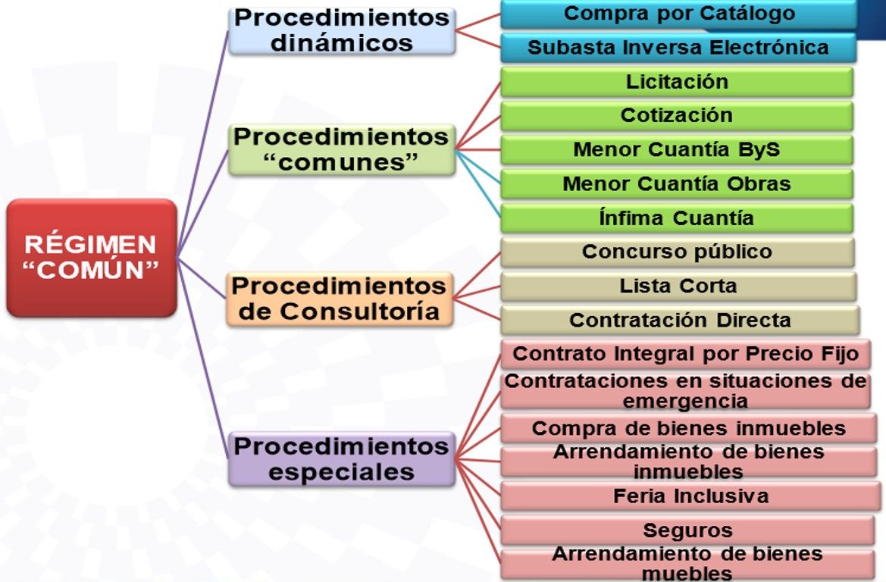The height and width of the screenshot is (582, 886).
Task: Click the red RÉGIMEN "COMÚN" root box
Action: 91,258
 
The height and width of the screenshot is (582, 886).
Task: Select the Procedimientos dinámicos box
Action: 342,30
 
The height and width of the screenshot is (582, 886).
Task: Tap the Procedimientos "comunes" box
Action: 342,150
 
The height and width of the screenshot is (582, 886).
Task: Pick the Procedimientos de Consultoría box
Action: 339,299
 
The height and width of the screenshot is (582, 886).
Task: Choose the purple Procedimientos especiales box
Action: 342,459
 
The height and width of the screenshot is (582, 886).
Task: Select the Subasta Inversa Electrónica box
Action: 678,48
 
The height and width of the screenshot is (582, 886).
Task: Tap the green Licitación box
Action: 676,82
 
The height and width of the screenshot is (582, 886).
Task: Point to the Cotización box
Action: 676,116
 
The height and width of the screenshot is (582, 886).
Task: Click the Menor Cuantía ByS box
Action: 676,150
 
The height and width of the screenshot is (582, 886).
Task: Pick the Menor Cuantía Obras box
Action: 676,184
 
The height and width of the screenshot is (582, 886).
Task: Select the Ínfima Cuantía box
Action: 676,218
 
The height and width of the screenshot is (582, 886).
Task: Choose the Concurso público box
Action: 677,252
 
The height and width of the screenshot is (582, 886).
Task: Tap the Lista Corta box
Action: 678,286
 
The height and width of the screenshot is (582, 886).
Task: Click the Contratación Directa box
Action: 679,320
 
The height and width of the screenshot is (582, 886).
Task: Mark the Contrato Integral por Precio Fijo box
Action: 685,354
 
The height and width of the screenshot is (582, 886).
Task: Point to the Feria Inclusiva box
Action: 690,496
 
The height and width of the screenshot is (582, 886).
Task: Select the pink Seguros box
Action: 688,530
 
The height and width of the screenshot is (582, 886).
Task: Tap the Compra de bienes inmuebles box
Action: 688,428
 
